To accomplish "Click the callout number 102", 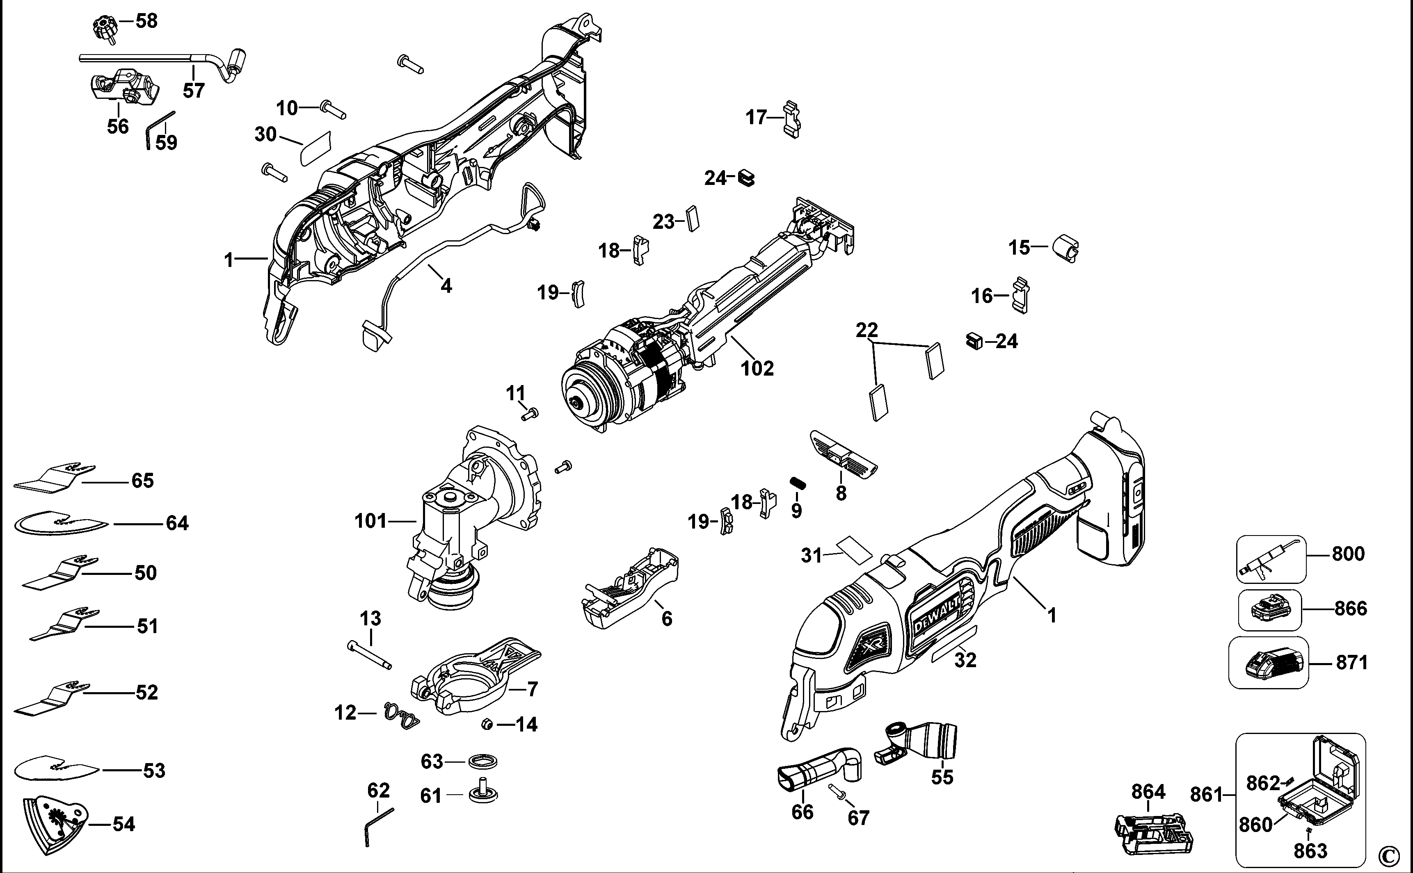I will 757,368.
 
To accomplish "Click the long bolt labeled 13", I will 370,655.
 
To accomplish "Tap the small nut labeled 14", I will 487,724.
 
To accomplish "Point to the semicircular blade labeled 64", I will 61,523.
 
